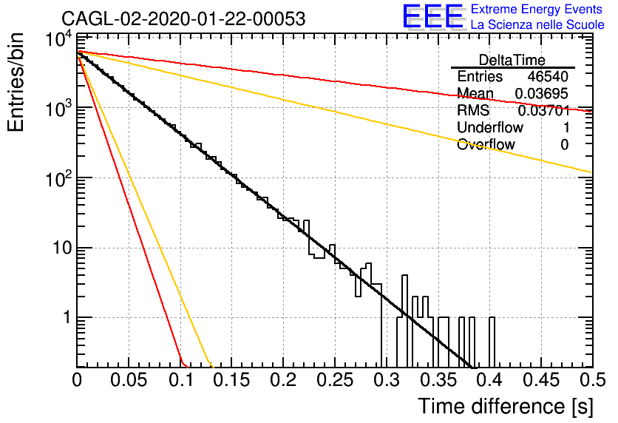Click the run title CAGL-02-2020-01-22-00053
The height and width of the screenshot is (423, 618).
click(x=183, y=18)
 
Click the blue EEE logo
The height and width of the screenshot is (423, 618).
click(x=432, y=16)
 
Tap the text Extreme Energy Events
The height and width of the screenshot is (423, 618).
click(x=537, y=9)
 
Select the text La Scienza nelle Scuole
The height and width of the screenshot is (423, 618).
click(x=537, y=24)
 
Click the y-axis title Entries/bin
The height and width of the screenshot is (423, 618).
click(x=16, y=82)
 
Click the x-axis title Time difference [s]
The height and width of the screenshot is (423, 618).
click(x=506, y=406)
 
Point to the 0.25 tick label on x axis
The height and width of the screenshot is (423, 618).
click(x=335, y=380)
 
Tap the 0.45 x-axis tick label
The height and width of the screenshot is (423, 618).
click(x=542, y=380)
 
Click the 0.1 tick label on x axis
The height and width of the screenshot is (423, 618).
click(x=181, y=380)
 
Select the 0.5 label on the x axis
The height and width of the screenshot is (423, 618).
click(x=592, y=380)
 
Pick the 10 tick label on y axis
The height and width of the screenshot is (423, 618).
click(x=64, y=248)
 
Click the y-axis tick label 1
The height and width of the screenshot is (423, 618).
click(x=68, y=317)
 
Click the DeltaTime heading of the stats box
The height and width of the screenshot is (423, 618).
click(x=512, y=60)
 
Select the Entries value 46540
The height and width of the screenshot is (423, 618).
click(x=548, y=76)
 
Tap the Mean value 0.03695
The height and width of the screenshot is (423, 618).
click(x=542, y=93)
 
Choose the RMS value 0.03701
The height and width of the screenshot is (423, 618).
click(x=544, y=110)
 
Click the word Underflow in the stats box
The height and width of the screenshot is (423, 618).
click(x=490, y=127)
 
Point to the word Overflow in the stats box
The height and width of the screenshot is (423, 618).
click(x=486, y=144)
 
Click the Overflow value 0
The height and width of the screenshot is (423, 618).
click(x=565, y=145)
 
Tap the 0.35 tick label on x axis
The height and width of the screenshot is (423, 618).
click(x=438, y=380)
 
